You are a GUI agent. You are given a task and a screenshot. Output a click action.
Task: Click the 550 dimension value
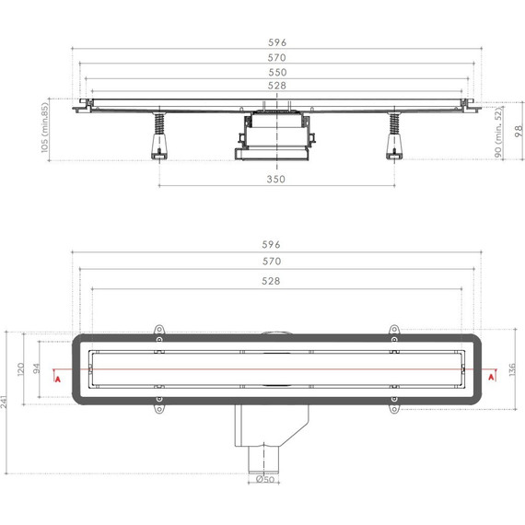coord(276,72)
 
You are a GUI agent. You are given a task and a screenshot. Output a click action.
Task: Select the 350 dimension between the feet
coord(276,179)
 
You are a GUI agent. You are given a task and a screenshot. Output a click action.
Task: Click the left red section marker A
coord(58,377)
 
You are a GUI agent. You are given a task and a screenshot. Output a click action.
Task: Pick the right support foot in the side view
coord(397,144)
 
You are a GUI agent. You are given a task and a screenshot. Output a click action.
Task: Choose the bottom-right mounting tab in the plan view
coord(394,403)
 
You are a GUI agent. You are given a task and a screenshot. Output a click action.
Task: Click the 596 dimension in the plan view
coord(270,245)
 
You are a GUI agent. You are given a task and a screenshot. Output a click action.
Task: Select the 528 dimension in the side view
coord(276,87)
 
